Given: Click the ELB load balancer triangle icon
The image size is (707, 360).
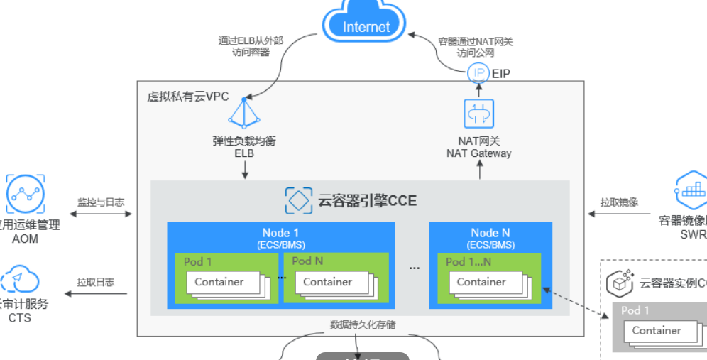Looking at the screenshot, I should click(244, 111).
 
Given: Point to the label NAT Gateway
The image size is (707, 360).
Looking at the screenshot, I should click(478, 153).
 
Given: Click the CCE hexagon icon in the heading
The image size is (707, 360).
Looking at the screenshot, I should click(299, 201).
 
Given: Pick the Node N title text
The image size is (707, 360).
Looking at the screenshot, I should click(490, 233).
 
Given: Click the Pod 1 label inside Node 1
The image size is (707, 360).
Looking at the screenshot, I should click(198, 261).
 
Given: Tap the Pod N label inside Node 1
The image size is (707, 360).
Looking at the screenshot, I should click(307, 261).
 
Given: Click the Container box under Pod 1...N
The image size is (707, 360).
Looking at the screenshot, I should click(481, 282).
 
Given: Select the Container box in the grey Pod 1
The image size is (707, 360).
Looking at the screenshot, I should click(657, 330).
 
